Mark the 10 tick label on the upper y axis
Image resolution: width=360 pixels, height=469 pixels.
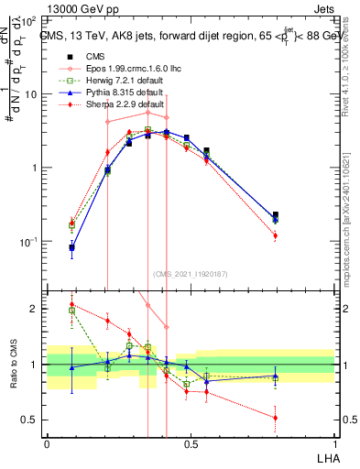point(31,94)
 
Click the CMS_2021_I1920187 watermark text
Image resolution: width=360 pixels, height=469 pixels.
point(191,274)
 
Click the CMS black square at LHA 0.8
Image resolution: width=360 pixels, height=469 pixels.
point(275,215)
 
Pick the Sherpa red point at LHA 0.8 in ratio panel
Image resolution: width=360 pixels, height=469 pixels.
point(275,418)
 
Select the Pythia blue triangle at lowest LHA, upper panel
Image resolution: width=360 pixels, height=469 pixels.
point(71,247)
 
